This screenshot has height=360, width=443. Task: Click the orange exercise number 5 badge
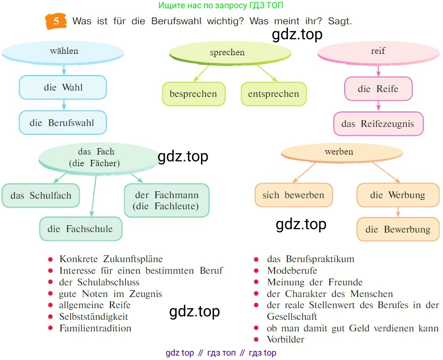(56, 22)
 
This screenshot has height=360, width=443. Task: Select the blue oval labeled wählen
(64, 51)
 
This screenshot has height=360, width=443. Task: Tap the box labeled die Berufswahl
(62, 123)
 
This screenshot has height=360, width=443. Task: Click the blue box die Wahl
(62, 88)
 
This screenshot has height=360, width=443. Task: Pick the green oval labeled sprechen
(227, 53)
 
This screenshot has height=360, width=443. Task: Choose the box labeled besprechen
(193, 94)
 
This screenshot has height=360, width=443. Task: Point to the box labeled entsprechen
(274, 94)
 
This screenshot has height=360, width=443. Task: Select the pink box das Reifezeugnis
(378, 124)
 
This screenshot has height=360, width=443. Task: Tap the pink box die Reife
(378, 89)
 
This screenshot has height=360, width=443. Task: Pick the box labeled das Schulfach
(41, 196)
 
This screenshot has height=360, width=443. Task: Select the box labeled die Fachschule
(80, 229)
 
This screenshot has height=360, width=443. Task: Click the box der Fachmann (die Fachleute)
(167, 201)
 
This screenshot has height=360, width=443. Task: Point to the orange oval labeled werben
(341, 152)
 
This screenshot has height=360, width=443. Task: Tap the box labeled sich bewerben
(293, 195)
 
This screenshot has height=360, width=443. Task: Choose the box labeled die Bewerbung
(398, 229)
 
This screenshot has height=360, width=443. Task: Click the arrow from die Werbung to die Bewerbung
(398, 212)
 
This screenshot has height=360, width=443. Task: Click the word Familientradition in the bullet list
(95, 328)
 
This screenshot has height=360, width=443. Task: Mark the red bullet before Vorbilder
(257, 339)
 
